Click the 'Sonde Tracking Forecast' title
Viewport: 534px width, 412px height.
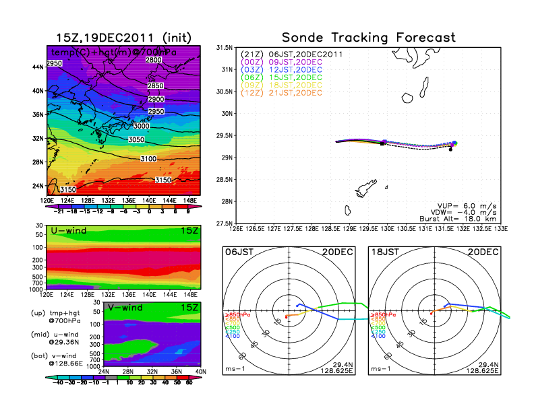tap(368, 37)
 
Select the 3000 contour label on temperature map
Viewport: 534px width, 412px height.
tap(142, 126)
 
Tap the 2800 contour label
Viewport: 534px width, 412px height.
tap(154, 61)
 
